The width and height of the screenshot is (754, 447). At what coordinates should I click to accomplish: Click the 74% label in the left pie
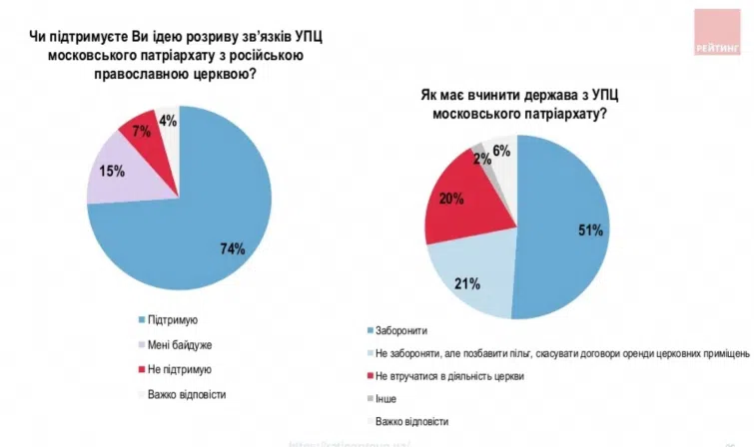point(234,248)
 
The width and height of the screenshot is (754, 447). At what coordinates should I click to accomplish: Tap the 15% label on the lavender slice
point(112,171)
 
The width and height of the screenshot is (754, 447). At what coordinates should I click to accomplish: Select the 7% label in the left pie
point(141,132)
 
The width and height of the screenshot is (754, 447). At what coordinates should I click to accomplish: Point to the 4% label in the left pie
point(168,122)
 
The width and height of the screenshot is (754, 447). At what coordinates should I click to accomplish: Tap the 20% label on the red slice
point(450,199)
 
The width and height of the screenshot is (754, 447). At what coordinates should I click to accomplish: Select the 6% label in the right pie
point(502,152)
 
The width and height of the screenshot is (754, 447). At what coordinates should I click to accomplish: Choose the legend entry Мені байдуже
point(180,344)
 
